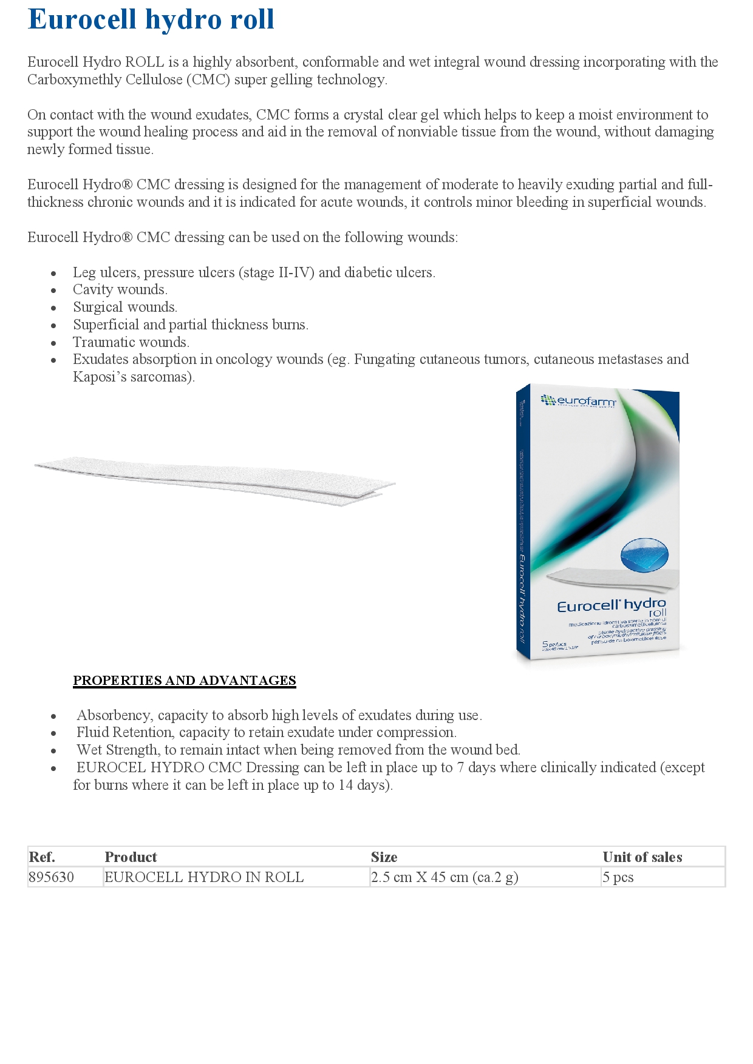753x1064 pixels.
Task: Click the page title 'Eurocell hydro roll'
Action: coord(151,19)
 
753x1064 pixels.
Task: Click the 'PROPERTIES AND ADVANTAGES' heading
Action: coord(184,681)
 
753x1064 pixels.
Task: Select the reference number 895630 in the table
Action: coord(52,877)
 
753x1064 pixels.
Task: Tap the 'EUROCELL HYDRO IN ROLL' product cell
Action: coord(204,877)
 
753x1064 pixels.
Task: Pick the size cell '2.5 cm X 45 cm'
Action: coord(445,877)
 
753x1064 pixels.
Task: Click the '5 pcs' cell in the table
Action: coord(618,877)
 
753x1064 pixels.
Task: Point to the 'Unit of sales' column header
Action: coord(642,857)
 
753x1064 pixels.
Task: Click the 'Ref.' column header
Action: coord(42,857)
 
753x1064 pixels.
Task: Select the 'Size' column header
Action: coord(384,857)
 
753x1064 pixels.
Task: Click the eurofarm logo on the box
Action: coord(578,401)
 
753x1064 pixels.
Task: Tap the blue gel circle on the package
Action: coord(644,554)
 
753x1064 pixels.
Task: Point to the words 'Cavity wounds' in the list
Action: coord(120,290)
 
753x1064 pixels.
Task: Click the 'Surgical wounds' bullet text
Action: coord(124,308)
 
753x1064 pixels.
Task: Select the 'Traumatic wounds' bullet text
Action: coord(131,342)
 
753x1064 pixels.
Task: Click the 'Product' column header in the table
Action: coord(131,857)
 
